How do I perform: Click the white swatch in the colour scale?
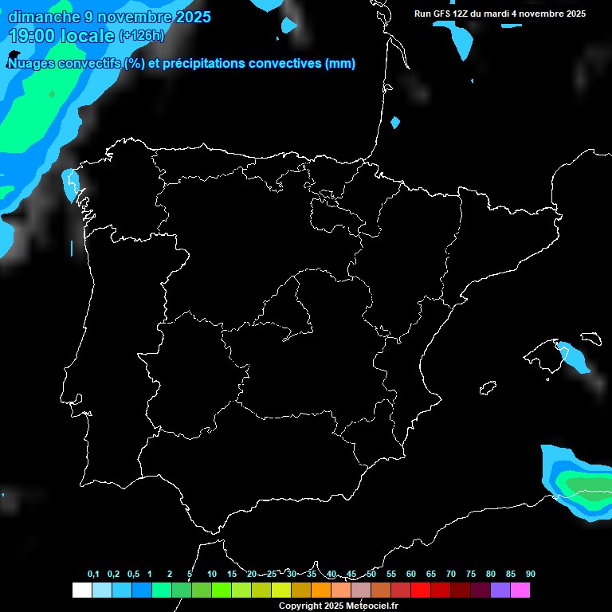coord(81,590)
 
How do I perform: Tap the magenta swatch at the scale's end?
coord(520,590)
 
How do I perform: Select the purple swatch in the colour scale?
coord(500,590)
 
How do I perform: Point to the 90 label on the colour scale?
coord(530,574)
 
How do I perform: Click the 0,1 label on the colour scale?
coord(93,574)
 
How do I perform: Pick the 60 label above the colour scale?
coord(410,574)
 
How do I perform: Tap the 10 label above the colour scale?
coord(211,574)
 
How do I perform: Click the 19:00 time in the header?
coord(33,35)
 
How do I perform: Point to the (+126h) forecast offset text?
coord(141,36)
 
